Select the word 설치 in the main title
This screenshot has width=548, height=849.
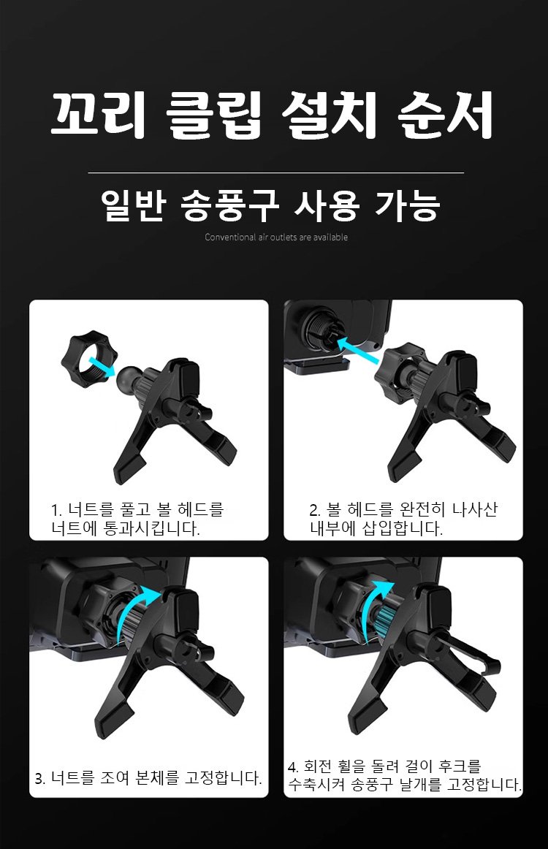coord(330,114)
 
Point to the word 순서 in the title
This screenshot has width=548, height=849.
coord(445,114)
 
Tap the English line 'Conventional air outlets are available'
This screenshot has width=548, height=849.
coord(276,237)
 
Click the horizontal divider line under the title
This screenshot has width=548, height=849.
coord(276,172)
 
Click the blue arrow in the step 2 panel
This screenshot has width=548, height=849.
coord(357,350)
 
